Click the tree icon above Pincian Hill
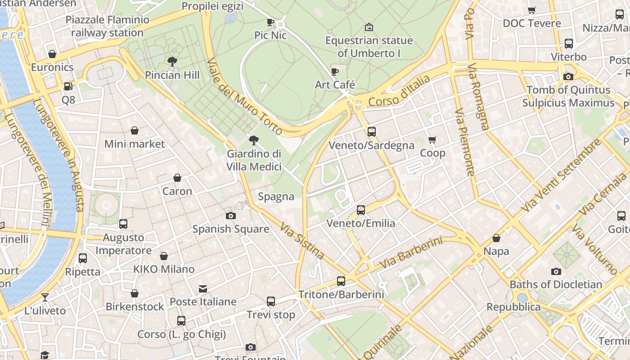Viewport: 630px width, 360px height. coord(171,61)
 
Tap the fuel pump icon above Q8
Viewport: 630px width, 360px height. coord(68,86)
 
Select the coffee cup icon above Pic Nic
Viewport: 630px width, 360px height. coord(270,22)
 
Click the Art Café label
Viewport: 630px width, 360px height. coord(335,85)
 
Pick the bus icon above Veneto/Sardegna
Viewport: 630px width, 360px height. coord(371,132)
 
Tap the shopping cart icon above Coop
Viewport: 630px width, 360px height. coord(432,139)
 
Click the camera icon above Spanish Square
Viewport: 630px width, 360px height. coord(230,216)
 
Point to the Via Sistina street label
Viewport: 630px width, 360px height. coord(302,241)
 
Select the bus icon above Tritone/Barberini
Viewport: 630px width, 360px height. coord(341,281)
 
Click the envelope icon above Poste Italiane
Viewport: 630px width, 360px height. coord(203,288)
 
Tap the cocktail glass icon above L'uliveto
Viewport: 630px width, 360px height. coord(45,297)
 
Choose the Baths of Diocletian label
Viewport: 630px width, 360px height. coord(556,284)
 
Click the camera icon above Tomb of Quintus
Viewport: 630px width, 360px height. coord(568,76)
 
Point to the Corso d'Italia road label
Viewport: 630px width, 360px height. coord(399,91)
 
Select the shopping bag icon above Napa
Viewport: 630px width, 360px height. coord(496,238)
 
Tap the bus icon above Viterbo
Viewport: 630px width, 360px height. coord(569,44)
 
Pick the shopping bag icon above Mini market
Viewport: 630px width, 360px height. coord(134,130)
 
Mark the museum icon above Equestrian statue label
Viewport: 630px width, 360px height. coord(369,27)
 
